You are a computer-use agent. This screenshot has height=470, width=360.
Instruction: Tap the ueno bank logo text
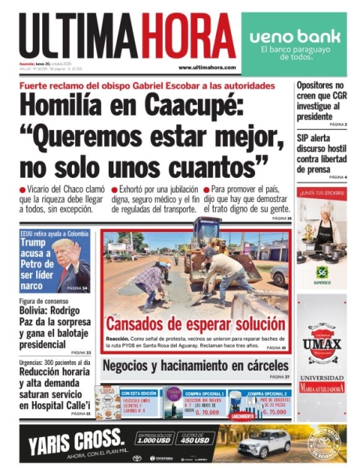point(290,36)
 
